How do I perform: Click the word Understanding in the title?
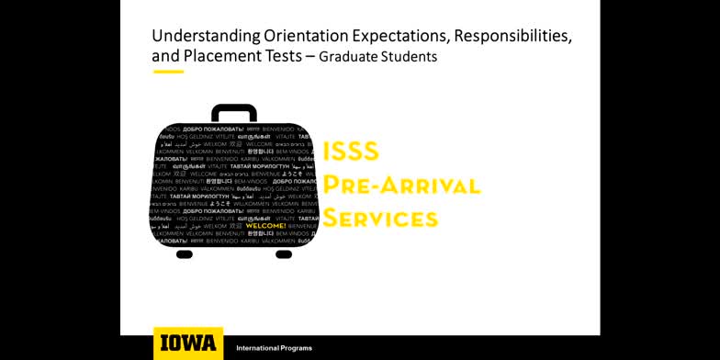coord(192,36)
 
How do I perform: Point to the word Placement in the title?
coord(219,56)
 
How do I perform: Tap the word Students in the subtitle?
coord(410,57)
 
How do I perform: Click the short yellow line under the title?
coord(168,72)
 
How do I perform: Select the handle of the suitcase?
coord(234,111)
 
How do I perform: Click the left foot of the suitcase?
coord(185,253)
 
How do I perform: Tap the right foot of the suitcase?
coord(284,253)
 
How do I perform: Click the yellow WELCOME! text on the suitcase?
coord(265,225)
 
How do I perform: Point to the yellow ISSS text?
coord(351,152)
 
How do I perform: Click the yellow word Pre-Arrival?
coord(401,185)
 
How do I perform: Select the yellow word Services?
coord(380,218)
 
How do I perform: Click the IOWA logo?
coord(188,343)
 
